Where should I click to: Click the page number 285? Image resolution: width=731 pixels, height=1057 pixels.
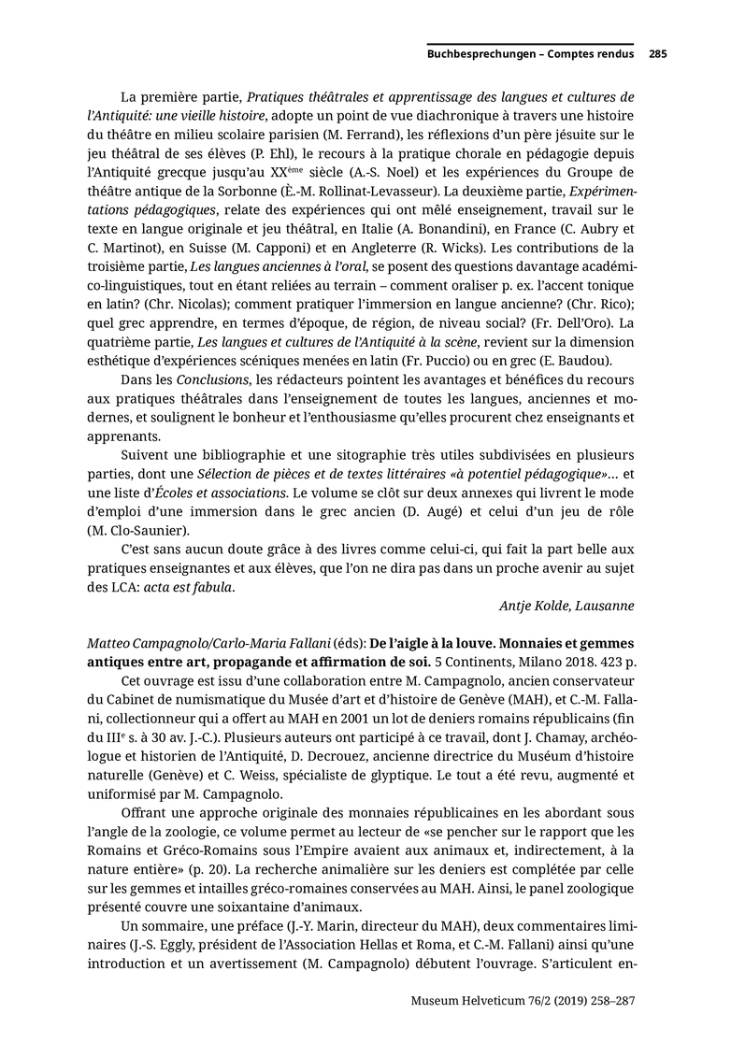point(657,54)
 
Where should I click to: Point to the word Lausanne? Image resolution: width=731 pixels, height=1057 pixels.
point(602,606)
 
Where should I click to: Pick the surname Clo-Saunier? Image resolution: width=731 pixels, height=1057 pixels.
point(167,530)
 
